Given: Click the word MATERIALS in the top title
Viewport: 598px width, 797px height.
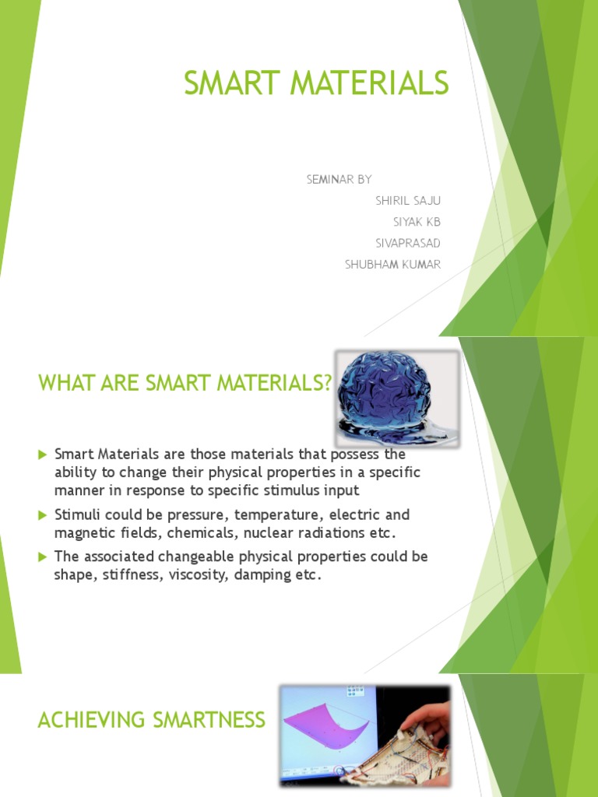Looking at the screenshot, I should coord(368,83).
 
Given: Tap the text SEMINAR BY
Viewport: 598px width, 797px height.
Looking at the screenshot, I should coord(339,180).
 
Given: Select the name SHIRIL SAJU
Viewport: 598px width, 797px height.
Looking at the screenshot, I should coord(408,201).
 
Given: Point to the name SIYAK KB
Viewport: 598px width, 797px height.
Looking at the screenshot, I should coord(417,222).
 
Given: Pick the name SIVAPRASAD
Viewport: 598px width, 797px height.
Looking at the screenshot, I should coord(408,243).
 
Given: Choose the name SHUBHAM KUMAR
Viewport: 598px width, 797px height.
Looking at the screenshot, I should coord(392,265).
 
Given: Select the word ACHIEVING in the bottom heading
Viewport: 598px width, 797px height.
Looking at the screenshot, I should coord(90,720).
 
